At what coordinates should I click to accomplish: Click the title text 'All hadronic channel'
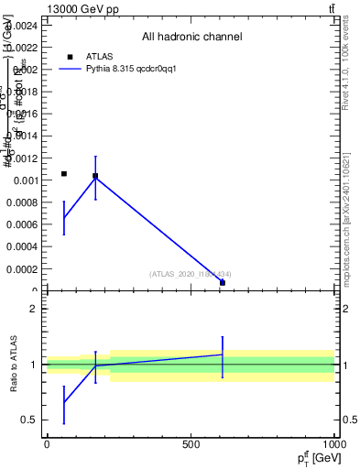(x=191, y=38)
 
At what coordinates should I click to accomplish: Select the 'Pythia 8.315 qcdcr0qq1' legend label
(x=130, y=69)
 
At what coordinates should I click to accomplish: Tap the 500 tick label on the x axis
(x=191, y=445)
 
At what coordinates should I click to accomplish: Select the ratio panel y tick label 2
(x=35, y=309)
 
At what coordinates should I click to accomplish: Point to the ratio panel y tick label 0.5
(x=30, y=420)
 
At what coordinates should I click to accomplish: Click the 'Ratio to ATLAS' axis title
(x=15, y=364)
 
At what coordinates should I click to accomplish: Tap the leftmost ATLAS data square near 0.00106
(x=64, y=173)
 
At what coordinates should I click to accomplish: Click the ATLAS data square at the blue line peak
(x=95, y=176)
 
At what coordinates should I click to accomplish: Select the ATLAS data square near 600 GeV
(x=223, y=282)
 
